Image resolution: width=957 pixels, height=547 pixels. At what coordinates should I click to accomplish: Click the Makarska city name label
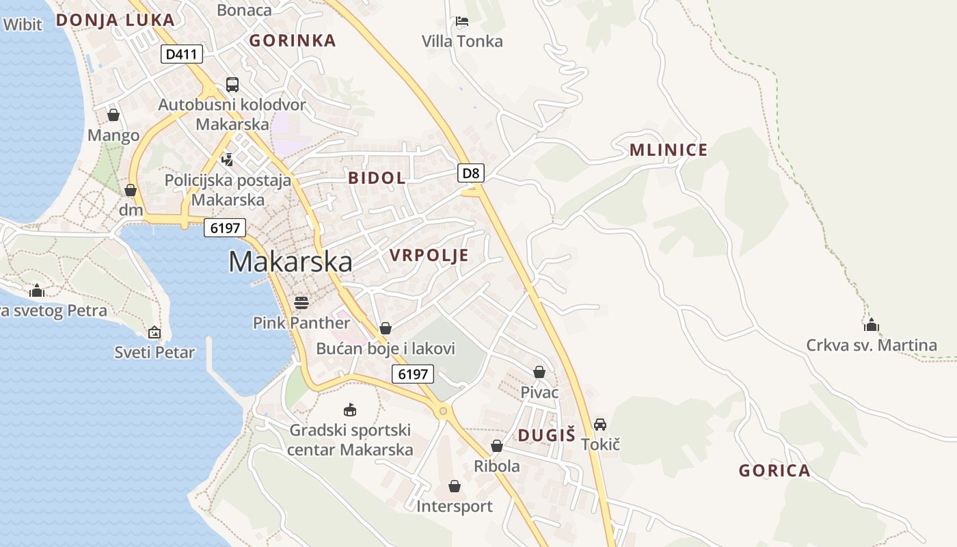click(291, 262)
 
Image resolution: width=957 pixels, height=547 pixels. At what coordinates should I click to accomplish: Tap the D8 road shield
click(471, 173)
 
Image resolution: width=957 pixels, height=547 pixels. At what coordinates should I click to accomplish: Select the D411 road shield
click(182, 53)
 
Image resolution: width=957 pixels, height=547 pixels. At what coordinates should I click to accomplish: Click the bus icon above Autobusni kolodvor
click(232, 85)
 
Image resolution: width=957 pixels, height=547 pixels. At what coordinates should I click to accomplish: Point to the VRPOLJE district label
click(429, 256)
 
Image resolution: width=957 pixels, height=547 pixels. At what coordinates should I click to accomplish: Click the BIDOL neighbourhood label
click(377, 178)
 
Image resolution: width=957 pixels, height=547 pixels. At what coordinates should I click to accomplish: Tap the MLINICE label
click(669, 150)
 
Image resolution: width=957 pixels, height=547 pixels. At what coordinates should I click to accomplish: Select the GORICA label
click(774, 470)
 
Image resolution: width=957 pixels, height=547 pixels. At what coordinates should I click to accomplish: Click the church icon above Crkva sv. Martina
click(872, 324)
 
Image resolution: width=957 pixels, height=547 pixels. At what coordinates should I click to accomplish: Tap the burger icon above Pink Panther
click(301, 302)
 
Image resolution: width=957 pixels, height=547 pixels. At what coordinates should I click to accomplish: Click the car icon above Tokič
click(600, 424)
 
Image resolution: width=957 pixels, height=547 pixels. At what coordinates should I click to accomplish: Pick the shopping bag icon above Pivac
click(539, 372)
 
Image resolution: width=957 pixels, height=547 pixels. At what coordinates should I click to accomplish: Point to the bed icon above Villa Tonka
click(462, 21)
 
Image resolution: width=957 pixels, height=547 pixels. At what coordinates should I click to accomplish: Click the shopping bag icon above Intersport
click(455, 486)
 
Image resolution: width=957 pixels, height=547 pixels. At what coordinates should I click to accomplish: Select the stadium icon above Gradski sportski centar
click(350, 410)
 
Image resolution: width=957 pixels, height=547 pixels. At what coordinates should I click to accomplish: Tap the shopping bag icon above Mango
click(113, 115)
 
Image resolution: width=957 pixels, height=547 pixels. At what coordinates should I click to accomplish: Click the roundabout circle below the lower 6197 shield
click(443, 411)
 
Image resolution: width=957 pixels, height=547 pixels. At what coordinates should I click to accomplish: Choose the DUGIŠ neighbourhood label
click(546, 435)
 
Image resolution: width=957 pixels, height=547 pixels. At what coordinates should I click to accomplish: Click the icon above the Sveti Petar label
click(154, 333)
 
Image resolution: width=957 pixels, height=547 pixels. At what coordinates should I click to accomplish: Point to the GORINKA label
click(293, 40)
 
